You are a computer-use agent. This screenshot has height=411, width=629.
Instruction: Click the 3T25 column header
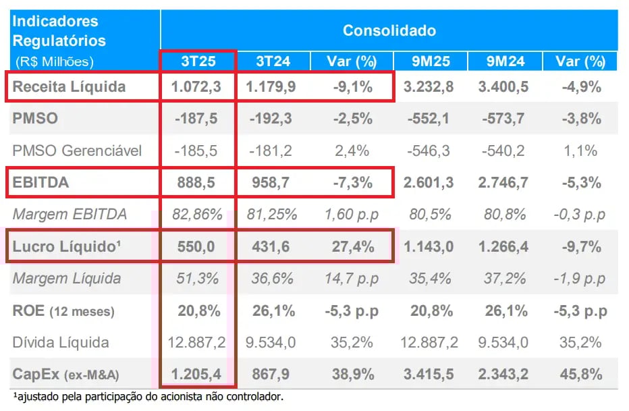click(x=198, y=61)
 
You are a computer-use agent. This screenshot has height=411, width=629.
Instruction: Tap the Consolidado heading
click(x=389, y=30)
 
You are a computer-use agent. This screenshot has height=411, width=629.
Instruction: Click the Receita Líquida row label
click(x=70, y=86)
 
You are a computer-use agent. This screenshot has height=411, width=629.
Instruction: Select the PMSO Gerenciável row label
click(x=78, y=150)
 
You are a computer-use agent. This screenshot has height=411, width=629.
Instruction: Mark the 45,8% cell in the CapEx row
click(x=580, y=375)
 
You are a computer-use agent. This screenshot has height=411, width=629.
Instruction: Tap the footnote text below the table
click(x=148, y=396)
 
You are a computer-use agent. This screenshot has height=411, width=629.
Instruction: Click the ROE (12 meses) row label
click(x=63, y=311)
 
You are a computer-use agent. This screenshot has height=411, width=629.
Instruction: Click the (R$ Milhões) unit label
click(x=53, y=61)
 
